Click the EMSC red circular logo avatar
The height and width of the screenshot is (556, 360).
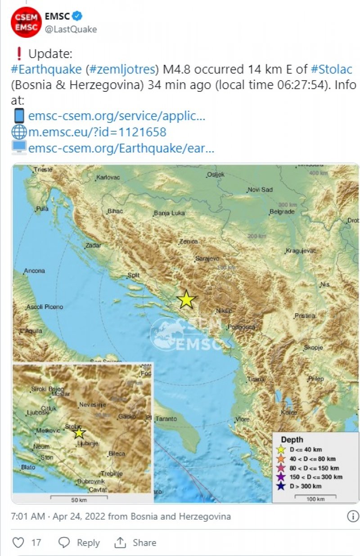(26, 22)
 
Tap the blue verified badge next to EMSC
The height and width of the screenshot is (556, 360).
(77, 17)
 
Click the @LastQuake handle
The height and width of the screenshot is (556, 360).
(71, 29)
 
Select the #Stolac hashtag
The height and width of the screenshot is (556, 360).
(331, 69)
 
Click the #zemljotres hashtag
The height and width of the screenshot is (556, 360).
(123, 69)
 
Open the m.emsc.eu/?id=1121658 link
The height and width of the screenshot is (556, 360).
(97, 132)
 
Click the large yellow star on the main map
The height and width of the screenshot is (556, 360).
(186, 300)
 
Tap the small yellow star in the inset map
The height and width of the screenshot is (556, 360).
(79, 433)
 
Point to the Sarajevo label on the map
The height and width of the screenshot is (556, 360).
(207, 259)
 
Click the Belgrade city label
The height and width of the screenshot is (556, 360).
(282, 211)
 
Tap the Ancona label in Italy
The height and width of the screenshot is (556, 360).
(35, 271)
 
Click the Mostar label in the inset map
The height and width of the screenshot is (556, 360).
(61, 394)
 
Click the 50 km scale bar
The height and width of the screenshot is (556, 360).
(79, 498)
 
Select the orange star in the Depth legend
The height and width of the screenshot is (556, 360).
(281, 458)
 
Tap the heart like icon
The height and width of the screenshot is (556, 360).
(18, 543)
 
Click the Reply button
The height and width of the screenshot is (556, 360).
(79, 543)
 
